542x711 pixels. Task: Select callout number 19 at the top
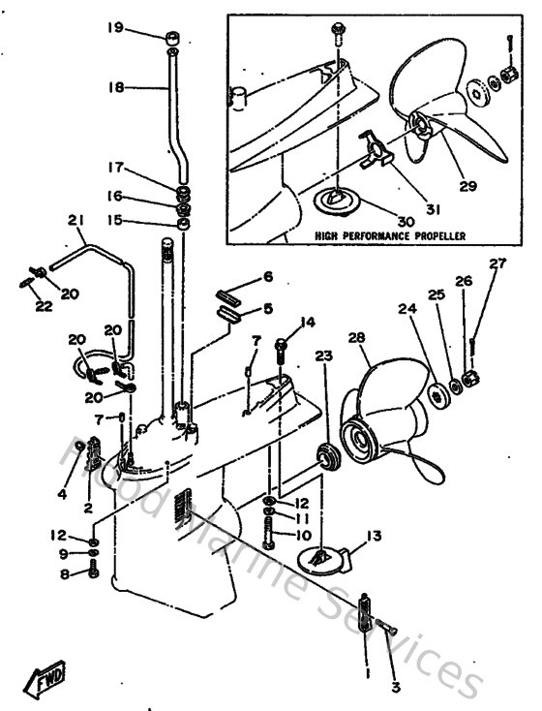(115, 28)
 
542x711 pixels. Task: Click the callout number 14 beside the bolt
(308, 322)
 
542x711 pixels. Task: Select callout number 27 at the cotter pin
(497, 263)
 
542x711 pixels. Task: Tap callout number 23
(322, 355)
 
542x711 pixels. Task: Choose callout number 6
(268, 278)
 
